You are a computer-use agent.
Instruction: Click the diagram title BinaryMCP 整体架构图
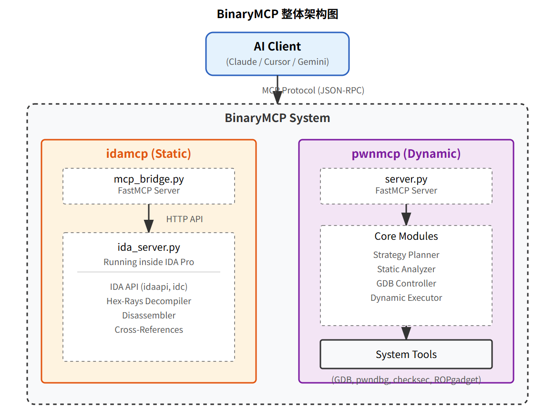[277, 14]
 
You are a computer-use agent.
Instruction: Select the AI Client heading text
[277, 47]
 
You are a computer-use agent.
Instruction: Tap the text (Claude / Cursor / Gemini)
[277, 62]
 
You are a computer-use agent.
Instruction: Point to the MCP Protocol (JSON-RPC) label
[313, 91]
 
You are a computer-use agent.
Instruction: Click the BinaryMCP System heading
[277, 118]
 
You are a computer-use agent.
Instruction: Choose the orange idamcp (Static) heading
[148, 154]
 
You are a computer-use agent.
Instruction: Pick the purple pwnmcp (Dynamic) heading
[406, 154]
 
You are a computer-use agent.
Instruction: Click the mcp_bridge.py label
[149, 180]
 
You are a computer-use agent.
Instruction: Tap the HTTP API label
[185, 219]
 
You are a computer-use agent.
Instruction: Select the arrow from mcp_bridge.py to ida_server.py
[149, 218]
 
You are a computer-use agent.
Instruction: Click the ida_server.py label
[149, 248]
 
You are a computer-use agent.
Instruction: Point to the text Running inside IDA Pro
[149, 262]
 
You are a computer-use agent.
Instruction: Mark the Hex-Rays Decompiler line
[149, 301]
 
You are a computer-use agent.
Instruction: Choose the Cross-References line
[149, 330]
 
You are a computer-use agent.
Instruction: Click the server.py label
[406, 180]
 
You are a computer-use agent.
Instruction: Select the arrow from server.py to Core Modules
[406, 215]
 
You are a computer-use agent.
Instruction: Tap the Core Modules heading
[406, 236]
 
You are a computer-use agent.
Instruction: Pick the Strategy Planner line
[406, 255]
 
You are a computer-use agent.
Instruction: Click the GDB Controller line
[406, 284]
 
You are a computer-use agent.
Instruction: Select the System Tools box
[406, 354]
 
